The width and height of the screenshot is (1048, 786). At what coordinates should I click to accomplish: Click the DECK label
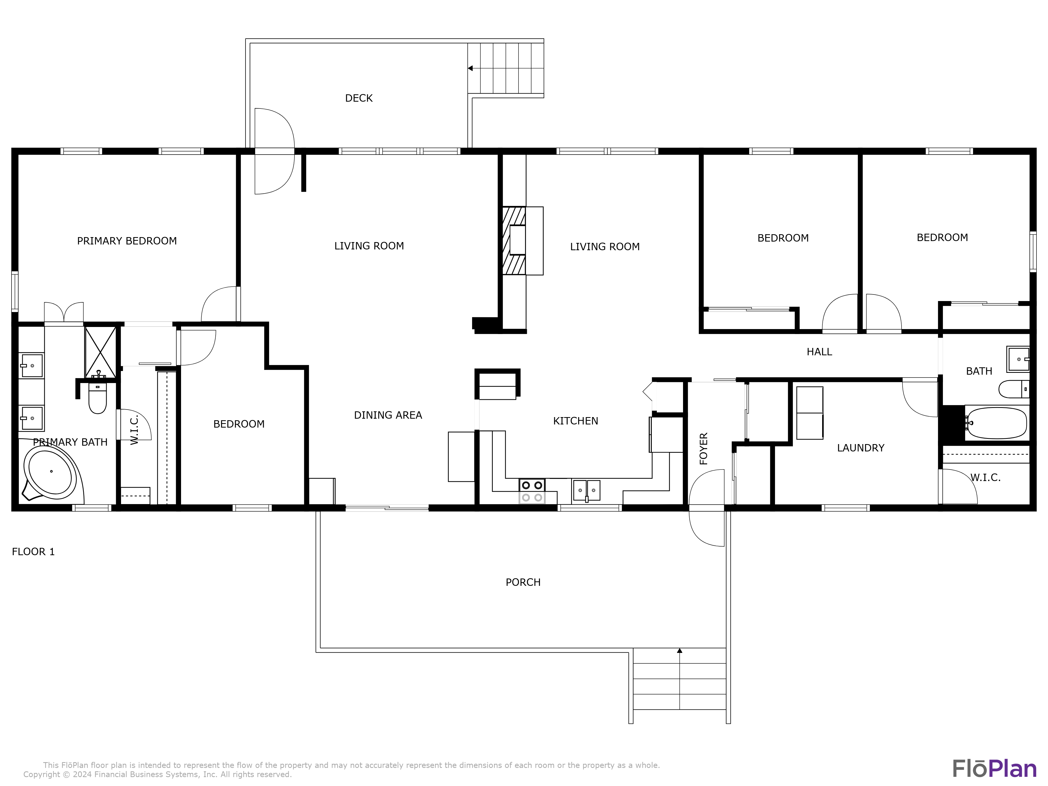click(359, 98)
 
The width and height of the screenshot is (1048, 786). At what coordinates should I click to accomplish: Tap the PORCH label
click(523, 582)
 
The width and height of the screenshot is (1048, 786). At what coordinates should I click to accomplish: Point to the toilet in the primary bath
click(98, 399)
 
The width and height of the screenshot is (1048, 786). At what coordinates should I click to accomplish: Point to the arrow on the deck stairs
click(471, 68)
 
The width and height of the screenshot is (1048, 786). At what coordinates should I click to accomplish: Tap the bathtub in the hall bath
click(996, 423)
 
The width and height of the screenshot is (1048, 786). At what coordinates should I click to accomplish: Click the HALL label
click(819, 352)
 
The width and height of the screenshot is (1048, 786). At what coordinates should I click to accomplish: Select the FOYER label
click(703, 448)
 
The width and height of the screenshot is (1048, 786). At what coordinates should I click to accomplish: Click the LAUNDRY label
click(860, 448)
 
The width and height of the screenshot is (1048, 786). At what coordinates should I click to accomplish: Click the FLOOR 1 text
click(33, 552)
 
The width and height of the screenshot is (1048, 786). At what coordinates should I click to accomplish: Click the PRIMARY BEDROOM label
click(127, 241)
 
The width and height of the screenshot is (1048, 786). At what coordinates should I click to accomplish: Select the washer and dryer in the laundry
click(810, 413)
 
